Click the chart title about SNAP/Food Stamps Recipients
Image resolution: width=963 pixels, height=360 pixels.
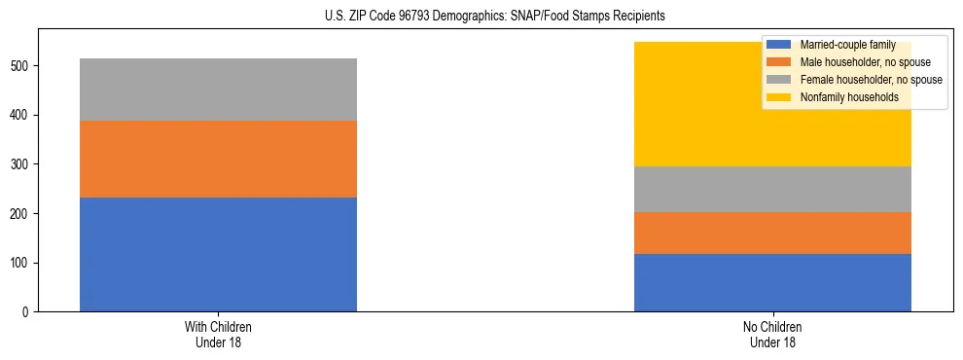pos(495,17)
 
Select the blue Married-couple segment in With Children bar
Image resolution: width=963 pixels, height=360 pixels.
pos(218,254)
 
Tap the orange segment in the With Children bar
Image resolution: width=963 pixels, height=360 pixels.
pos(218,159)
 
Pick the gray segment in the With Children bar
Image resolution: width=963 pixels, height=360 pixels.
pos(218,90)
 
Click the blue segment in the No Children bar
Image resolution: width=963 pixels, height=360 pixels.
pos(772,282)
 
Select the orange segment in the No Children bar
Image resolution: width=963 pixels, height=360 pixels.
pos(772,233)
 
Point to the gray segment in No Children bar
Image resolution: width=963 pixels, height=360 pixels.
pos(772,189)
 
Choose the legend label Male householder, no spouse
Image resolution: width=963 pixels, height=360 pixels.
pos(859,62)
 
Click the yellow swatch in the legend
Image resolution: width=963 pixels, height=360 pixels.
pos(779,97)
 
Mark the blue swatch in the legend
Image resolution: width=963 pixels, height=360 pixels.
pos(779,45)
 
